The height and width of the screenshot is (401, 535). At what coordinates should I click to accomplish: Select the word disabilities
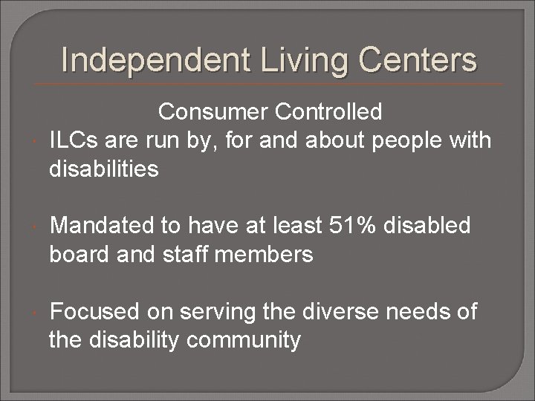click(104, 169)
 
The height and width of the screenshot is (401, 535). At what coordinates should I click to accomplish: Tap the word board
click(78, 254)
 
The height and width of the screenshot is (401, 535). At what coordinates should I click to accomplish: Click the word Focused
click(96, 311)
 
